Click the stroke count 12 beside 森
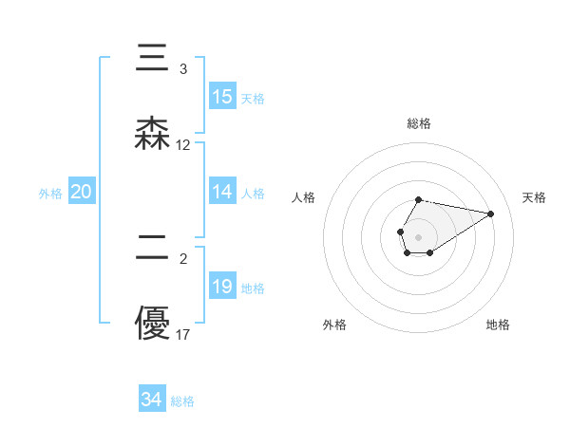(x=183, y=145)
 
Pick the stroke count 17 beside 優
(x=183, y=334)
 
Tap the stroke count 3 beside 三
(x=183, y=69)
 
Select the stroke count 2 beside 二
(x=183, y=257)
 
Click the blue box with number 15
(x=222, y=97)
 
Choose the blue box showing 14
(x=222, y=192)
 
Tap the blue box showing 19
(x=222, y=287)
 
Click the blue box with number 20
(x=81, y=192)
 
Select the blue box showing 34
(x=151, y=400)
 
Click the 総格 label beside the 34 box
(x=182, y=401)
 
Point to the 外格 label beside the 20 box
(x=50, y=194)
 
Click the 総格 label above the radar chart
(x=418, y=123)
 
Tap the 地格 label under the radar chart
(x=498, y=325)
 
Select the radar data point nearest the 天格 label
(x=491, y=214)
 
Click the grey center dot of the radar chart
(x=418, y=235)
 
